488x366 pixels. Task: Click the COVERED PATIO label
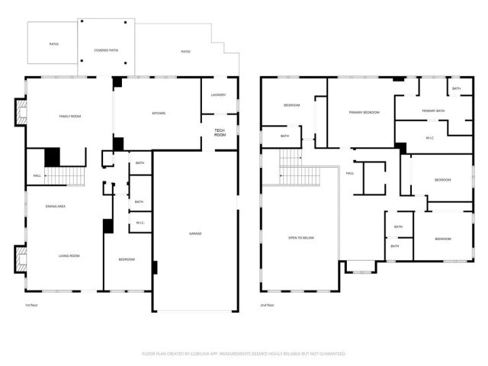(107, 50)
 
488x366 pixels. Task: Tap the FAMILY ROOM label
(70, 116)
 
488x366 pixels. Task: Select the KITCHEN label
(159, 114)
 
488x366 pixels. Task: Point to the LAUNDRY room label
(219, 95)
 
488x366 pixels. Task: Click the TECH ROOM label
(220, 133)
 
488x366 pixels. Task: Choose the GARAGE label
(196, 233)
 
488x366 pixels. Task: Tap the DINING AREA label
(55, 207)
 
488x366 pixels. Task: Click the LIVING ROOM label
(69, 256)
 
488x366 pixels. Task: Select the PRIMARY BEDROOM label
(364, 112)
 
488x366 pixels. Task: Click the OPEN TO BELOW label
(300, 239)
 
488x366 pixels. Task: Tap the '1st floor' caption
(32, 305)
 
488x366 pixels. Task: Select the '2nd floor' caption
(268, 305)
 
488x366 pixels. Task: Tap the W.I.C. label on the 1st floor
(140, 223)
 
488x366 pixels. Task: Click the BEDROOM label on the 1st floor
(127, 259)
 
